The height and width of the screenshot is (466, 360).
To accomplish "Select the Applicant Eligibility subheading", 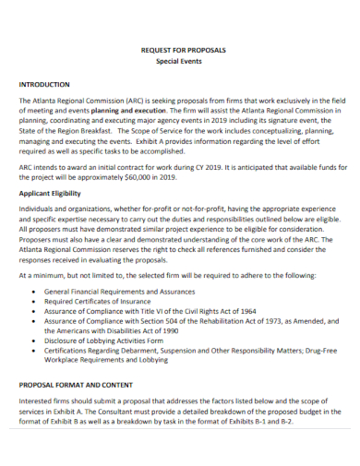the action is pyautogui.click(x=63, y=194).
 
